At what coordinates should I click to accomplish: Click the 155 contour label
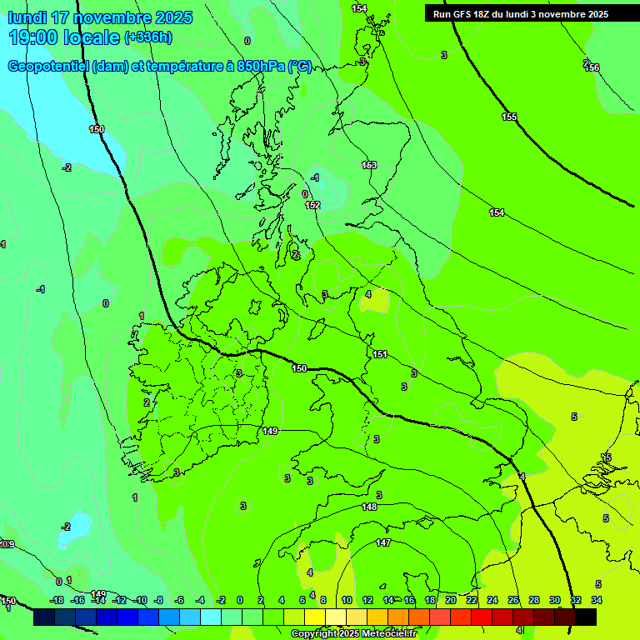(x=509, y=117)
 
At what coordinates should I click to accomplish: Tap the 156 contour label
(x=592, y=67)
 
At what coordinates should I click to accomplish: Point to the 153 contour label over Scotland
(x=369, y=165)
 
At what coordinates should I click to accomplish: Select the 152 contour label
(x=312, y=205)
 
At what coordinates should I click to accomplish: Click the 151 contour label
(x=380, y=354)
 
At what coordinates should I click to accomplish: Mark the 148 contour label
(x=369, y=507)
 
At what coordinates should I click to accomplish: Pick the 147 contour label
(x=383, y=542)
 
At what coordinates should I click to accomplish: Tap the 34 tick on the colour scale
(x=597, y=600)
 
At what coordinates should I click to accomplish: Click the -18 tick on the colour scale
(x=57, y=600)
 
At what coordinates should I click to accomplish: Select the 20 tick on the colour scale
(x=451, y=600)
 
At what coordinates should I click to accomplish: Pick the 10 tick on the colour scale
(x=346, y=600)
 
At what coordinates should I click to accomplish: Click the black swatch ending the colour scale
(x=586, y=617)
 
